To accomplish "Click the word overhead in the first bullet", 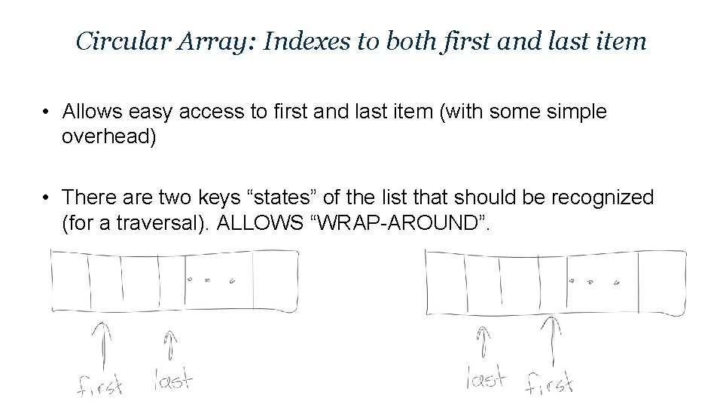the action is click(108, 138).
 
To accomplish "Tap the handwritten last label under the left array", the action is click(173, 378).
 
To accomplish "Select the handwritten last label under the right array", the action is click(486, 376).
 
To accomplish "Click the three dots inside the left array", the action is click(210, 280).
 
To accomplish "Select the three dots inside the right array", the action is click(595, 283).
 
